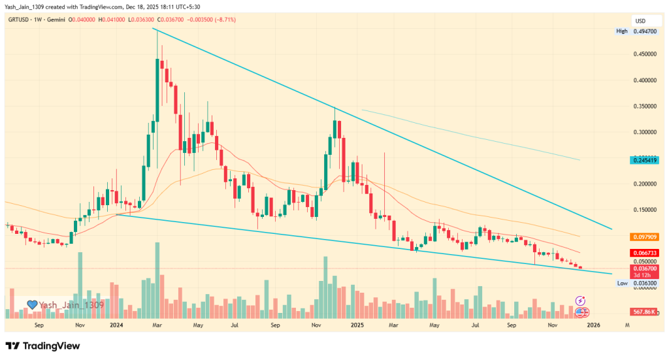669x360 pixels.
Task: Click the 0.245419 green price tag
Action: pyautogui.click(x=643, y=159)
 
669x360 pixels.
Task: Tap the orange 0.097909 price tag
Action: pyautogui.click(x=643, y=237)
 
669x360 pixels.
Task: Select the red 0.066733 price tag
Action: pyautogui.click(x=643, y=252)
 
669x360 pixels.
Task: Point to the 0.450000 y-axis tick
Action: pyautogui.click(x=643, y=54)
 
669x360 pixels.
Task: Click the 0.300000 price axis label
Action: pyautogui.click(x=643, y=132)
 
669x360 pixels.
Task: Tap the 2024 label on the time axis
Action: pyautogui.click(x=118, y=324)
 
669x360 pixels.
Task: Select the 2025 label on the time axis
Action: pyautogui.click(x=357, y=324)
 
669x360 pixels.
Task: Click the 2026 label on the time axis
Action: pyautogui.click(x=593, y=324)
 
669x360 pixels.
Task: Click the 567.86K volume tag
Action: pyautogui.click(x=643, y=312)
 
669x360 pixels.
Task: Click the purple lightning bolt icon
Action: pyautogui.click(x=580, y=301)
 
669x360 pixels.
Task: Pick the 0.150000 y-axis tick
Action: pyautogui.click(x=643, y=210)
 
